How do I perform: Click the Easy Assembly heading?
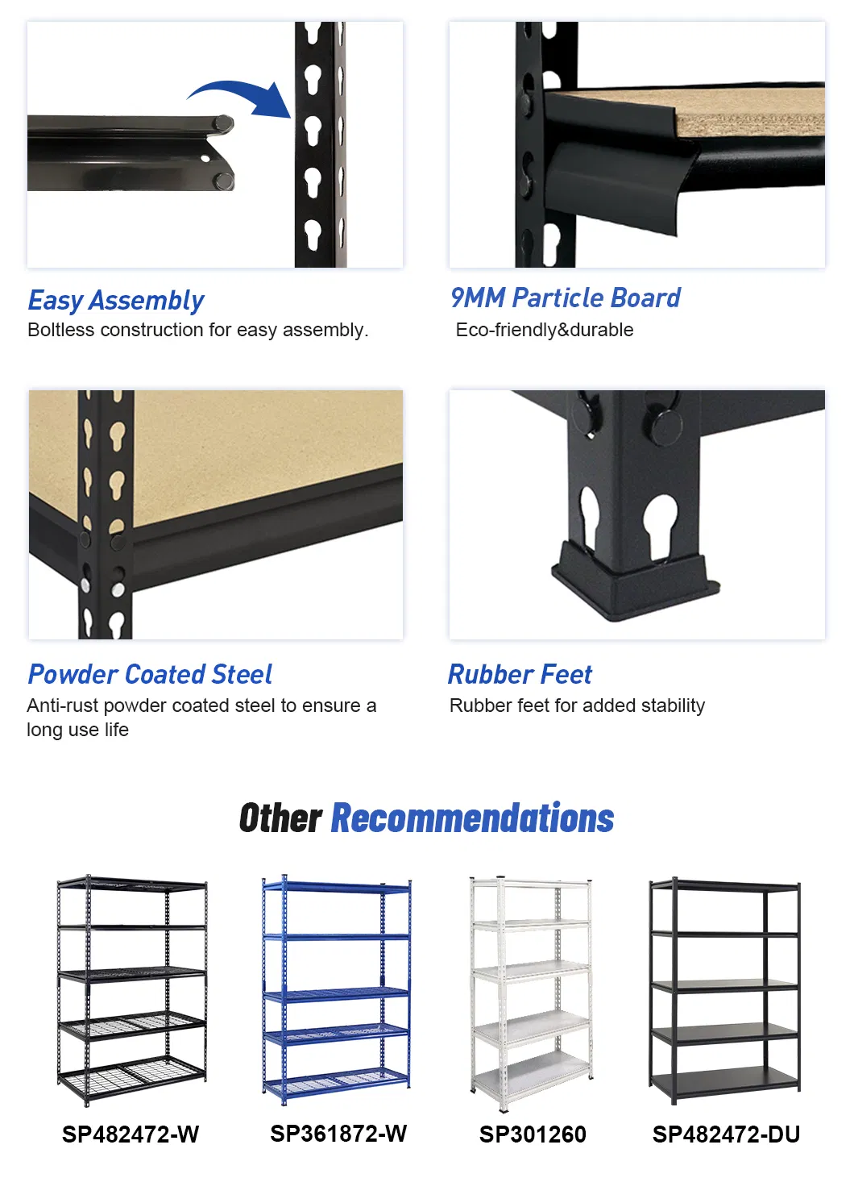click(116, 300)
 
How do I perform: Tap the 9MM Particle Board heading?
click(565, 298)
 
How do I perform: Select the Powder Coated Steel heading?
click(150, 674)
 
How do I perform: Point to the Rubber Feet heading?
click(520, 674)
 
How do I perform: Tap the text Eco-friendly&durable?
click(545, 330)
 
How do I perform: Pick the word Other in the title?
click(280, 818)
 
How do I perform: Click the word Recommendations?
click(472, 818)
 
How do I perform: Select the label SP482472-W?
click(131, 1134)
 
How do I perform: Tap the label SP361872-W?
click(338, 1134)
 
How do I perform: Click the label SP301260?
click(533, 1134)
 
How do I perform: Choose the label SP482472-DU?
click(726, 1134)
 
